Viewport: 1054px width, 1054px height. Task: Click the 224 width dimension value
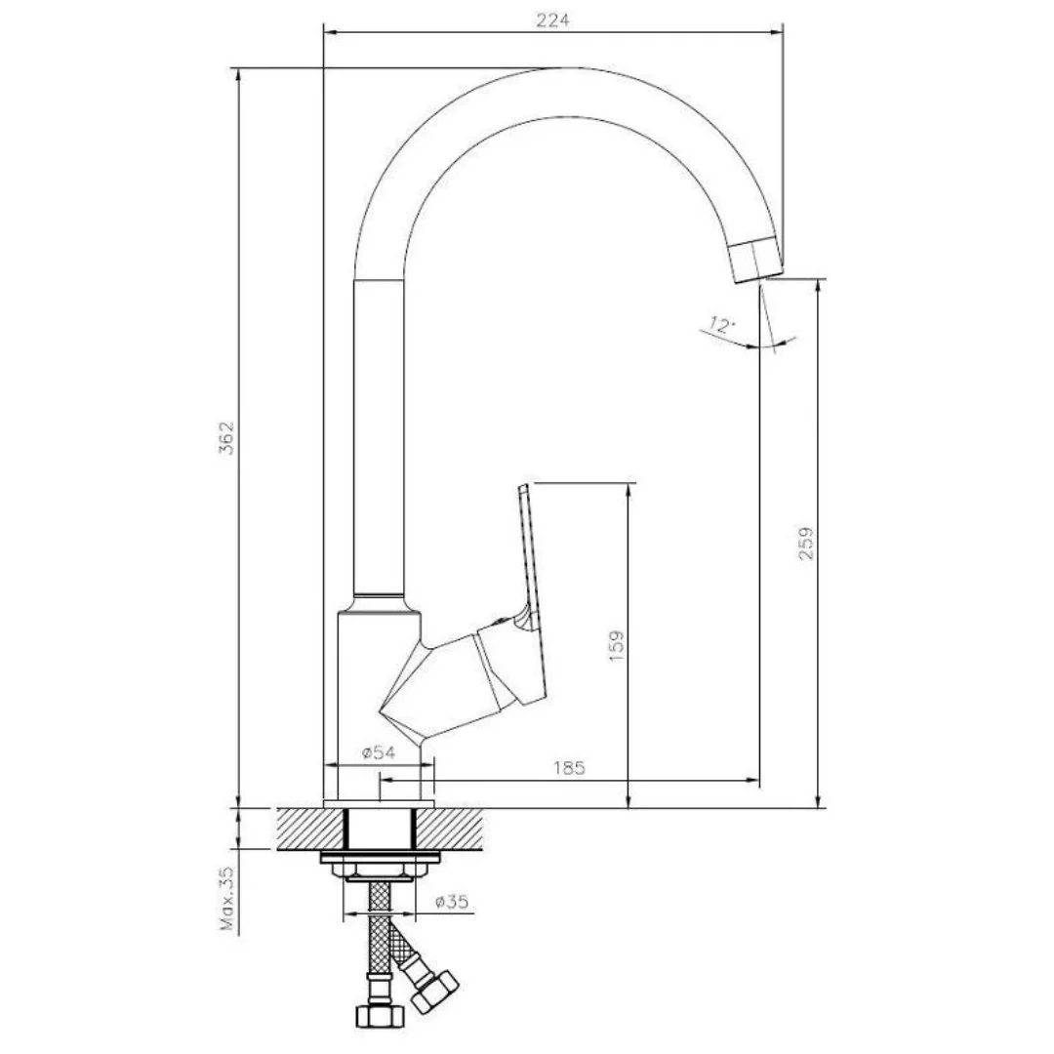pos(552,20)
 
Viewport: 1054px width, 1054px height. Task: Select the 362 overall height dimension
pos(227,438)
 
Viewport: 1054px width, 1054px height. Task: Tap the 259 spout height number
pos(805,544)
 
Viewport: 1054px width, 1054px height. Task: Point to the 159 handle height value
pos(616,645)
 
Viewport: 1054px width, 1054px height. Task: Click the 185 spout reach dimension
pos(569,768)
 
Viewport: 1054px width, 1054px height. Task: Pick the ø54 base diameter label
pos(379,752)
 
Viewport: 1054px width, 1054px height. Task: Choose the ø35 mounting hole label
pos(451,902)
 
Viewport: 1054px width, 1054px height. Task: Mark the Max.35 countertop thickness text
pos(228,898)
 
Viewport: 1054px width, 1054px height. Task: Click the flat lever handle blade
pos(529,558)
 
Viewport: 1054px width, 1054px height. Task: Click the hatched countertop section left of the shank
pos(310,829)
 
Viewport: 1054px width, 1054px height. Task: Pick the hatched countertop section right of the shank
pos(450,829)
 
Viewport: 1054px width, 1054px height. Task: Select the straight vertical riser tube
pos(379,437)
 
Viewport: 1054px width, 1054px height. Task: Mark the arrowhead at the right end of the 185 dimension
pos(754,781)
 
